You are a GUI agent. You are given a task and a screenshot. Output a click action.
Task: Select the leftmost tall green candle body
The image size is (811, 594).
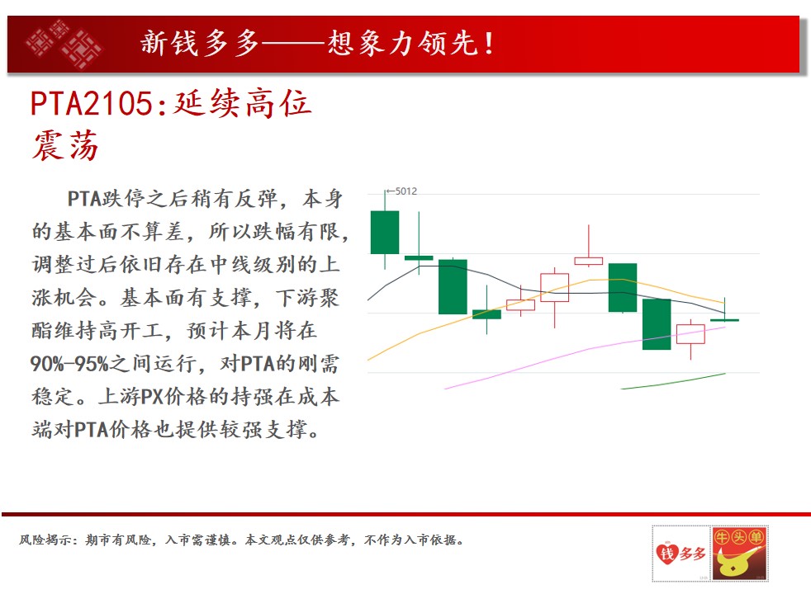coord(385,232)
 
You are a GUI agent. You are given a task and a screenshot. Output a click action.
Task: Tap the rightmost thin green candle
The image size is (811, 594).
coord(724,320)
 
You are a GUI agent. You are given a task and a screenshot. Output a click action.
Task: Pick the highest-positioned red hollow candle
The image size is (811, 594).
coord(589,261)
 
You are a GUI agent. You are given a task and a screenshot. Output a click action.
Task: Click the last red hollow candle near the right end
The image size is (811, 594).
coord(691,333)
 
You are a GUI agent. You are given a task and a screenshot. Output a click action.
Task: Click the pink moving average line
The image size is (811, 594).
coord(585,357)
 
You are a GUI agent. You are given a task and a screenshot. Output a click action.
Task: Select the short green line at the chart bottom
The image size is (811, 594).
coord(673,381)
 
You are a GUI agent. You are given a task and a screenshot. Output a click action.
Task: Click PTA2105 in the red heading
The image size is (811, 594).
coord(92,103)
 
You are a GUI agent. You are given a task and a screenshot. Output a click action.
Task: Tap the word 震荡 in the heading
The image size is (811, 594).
coord(66,145)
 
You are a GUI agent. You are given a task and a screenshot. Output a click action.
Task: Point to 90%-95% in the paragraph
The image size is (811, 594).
coord(69,364)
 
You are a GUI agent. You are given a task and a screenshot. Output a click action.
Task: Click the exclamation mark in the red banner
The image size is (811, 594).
coord(489,44)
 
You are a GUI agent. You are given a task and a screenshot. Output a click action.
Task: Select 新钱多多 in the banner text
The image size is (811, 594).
coord(200,43)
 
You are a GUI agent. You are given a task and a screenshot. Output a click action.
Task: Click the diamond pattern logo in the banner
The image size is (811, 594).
coord(64,44)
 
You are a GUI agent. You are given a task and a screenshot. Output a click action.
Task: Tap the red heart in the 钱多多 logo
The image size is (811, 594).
coord(667,554)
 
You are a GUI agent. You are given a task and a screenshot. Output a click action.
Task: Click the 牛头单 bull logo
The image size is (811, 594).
coord(739,554)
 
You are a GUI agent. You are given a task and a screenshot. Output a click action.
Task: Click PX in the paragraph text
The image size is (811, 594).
coord(152,397)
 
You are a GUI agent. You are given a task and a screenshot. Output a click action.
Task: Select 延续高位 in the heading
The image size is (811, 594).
coord(243,103)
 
